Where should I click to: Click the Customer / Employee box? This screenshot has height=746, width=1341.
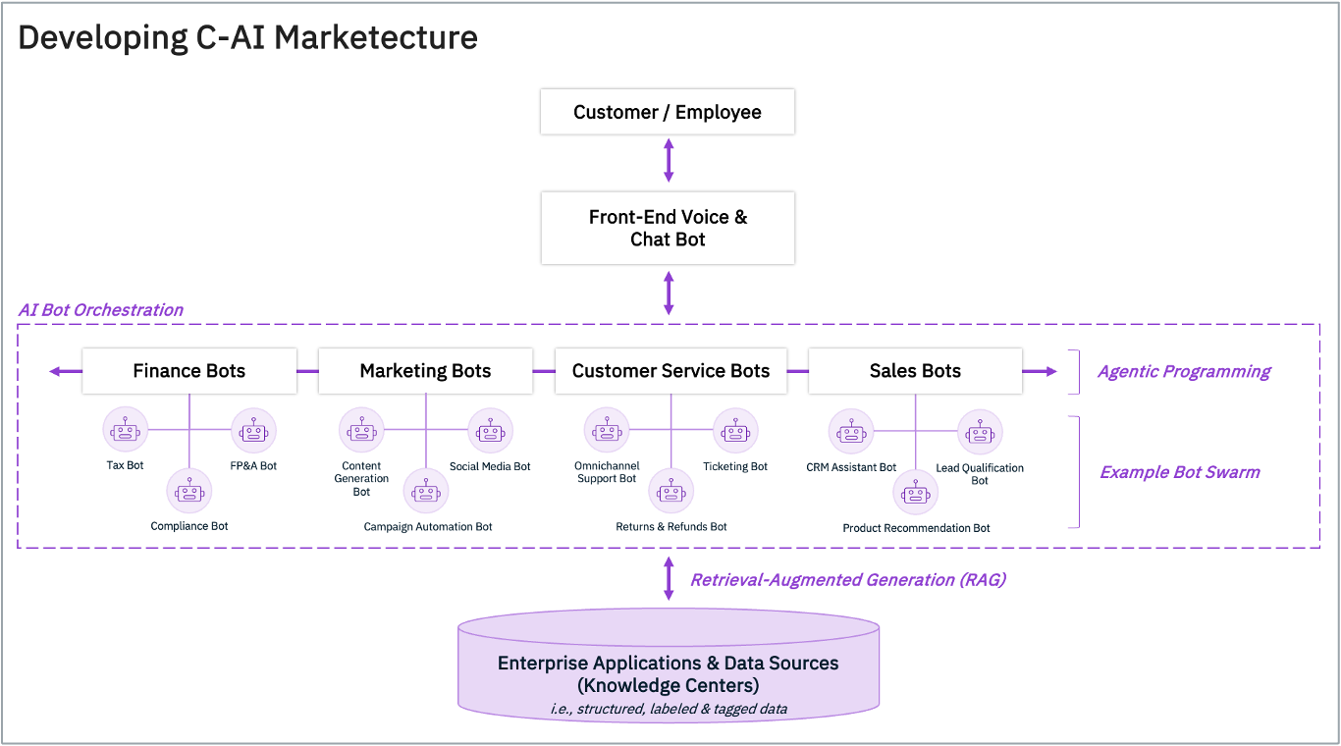(668, 112)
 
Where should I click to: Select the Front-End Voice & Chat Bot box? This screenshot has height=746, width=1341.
(668, 228)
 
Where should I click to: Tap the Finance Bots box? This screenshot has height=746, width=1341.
(189, 371)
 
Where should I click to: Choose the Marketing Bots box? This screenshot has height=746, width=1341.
(425, 371)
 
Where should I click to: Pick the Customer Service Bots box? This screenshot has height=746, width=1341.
(670, 371)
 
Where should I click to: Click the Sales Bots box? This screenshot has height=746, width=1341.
(915, 371)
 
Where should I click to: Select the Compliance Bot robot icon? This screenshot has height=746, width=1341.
(189, 491)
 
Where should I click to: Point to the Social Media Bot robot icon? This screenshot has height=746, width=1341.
(490, 431)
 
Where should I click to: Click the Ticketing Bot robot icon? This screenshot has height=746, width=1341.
(735, 431)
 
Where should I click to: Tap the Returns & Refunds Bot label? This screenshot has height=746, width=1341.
(671, 527)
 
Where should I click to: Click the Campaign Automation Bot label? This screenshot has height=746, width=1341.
(428, 527)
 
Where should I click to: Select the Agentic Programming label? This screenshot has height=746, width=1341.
(1184, 372)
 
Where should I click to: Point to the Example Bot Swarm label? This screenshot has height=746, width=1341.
(1179, 472)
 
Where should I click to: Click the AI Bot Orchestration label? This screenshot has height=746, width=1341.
(101, 310)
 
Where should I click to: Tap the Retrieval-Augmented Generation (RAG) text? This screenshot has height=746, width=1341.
(848, 580)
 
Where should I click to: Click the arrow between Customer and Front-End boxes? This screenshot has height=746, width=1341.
(669, 160)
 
